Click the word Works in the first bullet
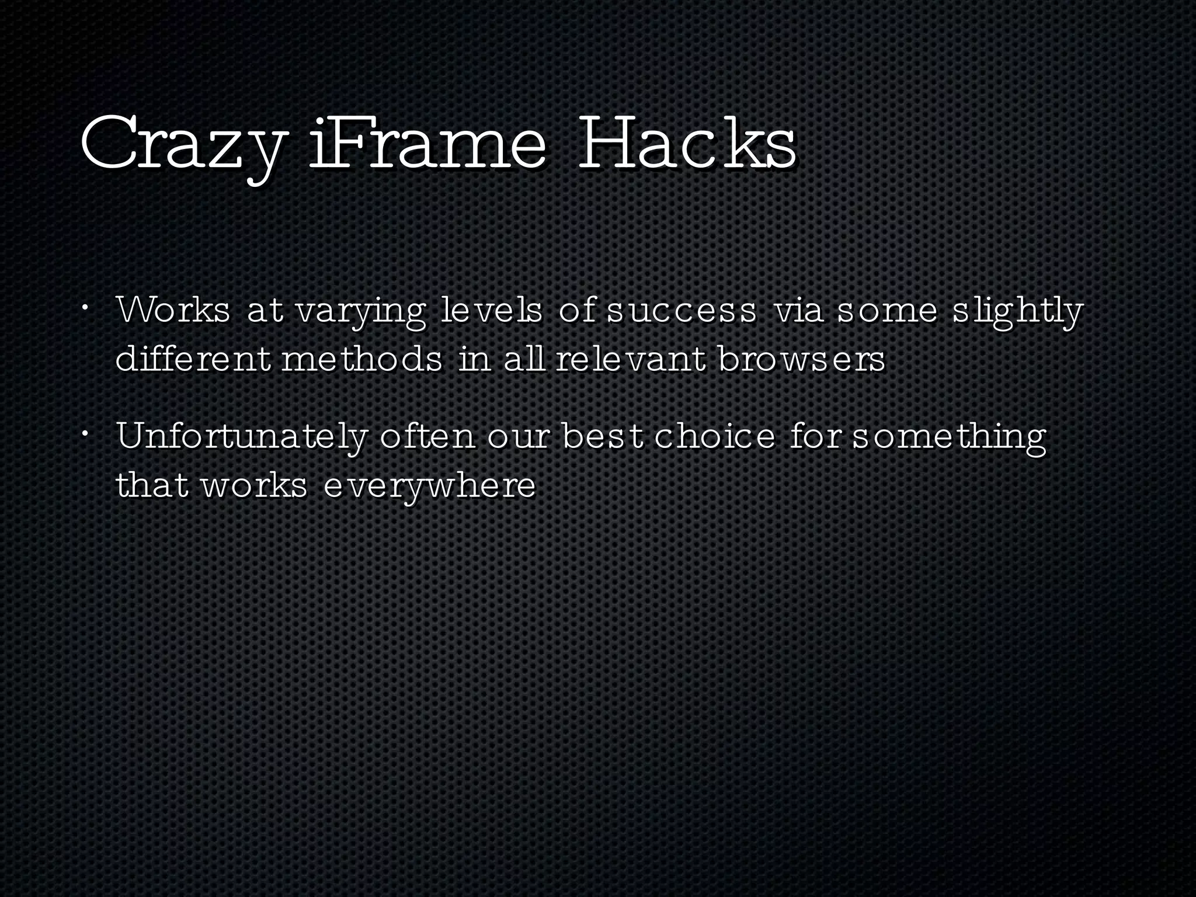(x=173, y=311)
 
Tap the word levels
(x=491, y=311)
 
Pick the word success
(x=682, y=312)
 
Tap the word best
(x=602, y=436)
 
